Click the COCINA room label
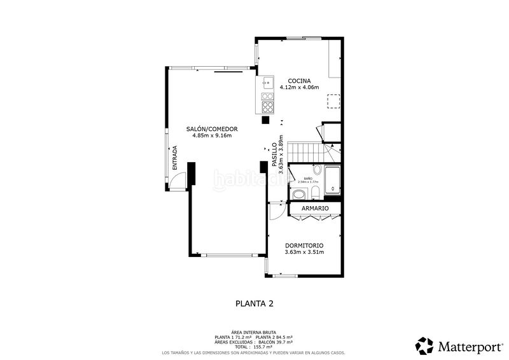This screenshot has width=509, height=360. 299,81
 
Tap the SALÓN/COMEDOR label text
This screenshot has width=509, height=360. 212,129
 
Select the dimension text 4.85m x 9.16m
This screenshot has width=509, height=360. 212,135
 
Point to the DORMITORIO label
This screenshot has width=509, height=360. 304,246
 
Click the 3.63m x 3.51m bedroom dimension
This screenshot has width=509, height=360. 304,253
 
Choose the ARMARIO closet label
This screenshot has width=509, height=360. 315,209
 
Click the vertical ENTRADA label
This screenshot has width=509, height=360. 174,158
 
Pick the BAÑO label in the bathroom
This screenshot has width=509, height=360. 307,178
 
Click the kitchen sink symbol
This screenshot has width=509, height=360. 267,82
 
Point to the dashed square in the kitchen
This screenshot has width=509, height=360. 333,100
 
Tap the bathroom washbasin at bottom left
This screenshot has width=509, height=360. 298,193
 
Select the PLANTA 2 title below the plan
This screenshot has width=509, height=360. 254,303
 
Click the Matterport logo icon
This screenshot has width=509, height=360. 424,345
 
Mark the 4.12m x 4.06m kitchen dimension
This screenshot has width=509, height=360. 299,88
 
